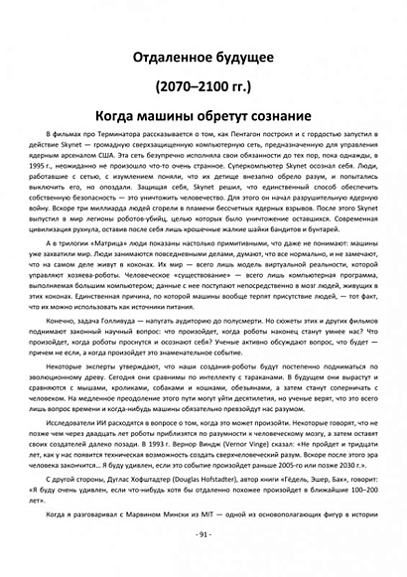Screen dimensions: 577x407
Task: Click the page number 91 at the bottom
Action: [x=203, y=534]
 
